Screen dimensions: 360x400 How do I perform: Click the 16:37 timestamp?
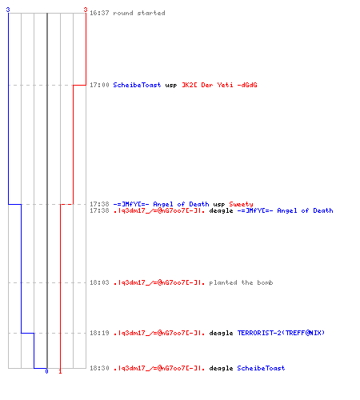pos(99,13)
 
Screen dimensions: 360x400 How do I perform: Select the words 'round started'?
pos(139,13)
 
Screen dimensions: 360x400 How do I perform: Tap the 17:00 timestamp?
pos(99,85)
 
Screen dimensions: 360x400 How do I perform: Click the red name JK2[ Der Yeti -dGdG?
pos(219,85)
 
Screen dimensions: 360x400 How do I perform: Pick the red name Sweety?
pos(241,204)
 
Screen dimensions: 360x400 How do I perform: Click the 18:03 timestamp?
pos(99,282)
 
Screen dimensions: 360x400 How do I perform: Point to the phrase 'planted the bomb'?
pos(241,282)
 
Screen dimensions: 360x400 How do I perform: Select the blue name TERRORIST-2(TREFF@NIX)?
pos(281,333)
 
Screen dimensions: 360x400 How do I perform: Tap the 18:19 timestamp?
pos(99,333)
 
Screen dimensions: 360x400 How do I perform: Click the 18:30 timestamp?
pos(99,368)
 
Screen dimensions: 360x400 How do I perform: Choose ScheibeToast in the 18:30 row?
pos(261,368)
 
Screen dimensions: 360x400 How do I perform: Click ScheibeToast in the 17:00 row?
pos(137,85)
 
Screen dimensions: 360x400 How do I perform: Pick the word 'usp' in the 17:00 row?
pos(171,86)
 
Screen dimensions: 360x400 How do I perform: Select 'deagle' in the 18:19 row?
pos(221,333)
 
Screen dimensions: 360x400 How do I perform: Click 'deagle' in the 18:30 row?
pos(221,368)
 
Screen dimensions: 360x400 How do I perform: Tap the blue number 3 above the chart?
pos(8,10)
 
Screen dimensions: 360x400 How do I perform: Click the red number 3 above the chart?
pos(86,10)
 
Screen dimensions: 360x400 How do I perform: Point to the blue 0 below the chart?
pos(46,371)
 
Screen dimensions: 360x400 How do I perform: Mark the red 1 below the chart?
pos(60,371)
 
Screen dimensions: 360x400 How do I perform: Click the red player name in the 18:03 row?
pos(159,282)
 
